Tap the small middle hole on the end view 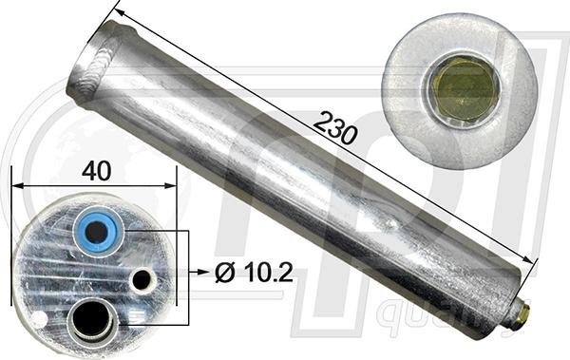coord(142,279)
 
